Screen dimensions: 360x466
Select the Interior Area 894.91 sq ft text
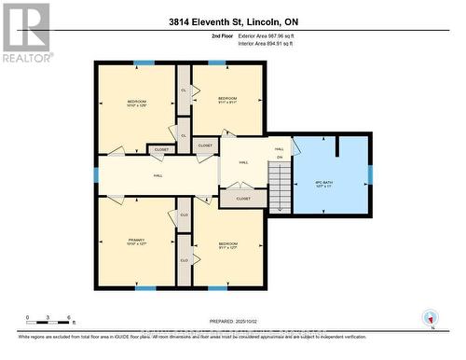(279, 42)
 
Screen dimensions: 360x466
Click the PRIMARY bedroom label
(138, 242)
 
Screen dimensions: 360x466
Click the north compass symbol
(430, 316)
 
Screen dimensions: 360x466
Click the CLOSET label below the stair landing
(243, 199)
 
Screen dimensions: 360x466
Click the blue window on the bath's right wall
(369, 173)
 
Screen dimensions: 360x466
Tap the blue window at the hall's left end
(96, 174)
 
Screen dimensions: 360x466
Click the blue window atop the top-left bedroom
(144, 62)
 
